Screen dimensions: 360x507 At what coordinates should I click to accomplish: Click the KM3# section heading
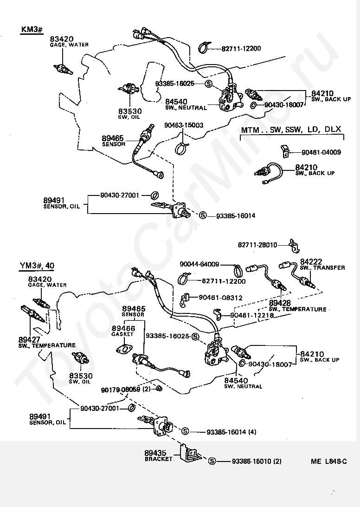32,29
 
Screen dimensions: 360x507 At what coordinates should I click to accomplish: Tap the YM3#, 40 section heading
37,266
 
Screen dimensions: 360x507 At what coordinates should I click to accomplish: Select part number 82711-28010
257,245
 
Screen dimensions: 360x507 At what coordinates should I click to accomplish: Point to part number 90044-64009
199,265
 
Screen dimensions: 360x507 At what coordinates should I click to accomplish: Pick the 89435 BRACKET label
159,455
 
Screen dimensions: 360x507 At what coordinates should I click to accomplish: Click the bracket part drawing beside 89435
190,453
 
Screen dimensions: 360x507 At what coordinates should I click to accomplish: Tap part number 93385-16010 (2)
257,461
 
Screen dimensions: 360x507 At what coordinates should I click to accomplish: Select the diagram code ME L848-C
328,461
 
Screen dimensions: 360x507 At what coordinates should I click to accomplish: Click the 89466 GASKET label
123,331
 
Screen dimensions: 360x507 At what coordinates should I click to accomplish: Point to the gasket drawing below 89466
124,349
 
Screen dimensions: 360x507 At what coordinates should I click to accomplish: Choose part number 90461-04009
321,152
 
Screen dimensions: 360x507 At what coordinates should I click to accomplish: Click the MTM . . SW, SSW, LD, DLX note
291,130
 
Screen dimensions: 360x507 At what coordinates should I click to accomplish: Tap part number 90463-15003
184,125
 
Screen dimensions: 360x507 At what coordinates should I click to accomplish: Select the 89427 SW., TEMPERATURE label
47,342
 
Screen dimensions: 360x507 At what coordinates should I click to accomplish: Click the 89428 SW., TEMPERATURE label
297,306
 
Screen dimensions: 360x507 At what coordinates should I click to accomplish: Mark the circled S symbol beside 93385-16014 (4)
185,431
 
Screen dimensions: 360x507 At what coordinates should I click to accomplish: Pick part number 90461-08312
220,298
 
